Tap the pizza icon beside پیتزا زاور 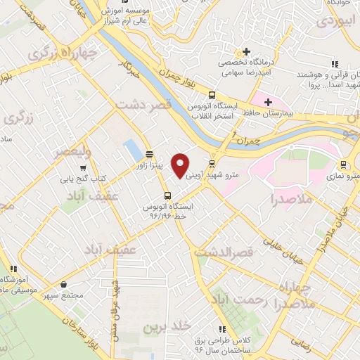[149, 154]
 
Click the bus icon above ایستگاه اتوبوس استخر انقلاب [212, 96]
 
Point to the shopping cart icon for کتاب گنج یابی [84, 168]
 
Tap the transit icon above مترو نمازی [343, 165]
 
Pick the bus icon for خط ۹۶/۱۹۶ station [167, 195]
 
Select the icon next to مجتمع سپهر [65, 285]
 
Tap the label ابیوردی [335, 20]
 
